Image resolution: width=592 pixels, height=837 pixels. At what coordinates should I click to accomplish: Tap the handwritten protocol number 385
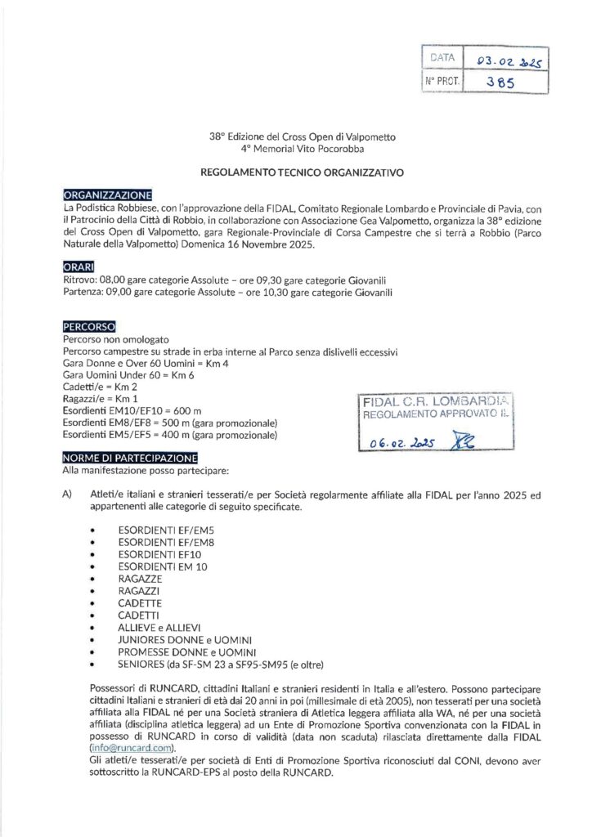(499, 82)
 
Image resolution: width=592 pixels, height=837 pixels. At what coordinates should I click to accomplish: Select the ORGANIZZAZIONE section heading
(107, 195)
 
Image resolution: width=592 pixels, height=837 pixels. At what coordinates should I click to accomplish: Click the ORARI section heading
(78, 267)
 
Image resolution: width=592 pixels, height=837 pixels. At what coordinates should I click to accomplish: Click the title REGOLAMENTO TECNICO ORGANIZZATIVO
(295, 173)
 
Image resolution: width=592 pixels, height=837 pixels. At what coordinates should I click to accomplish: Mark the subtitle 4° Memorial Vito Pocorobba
(295, 150)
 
